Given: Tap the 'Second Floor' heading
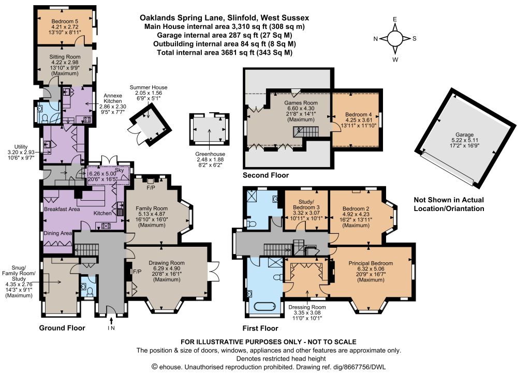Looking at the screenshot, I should [x=265, y=175].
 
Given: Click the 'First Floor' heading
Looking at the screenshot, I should [x=260, y=328].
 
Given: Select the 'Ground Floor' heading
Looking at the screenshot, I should [x=63, y=328].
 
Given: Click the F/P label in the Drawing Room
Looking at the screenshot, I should [x=137, y=271].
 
